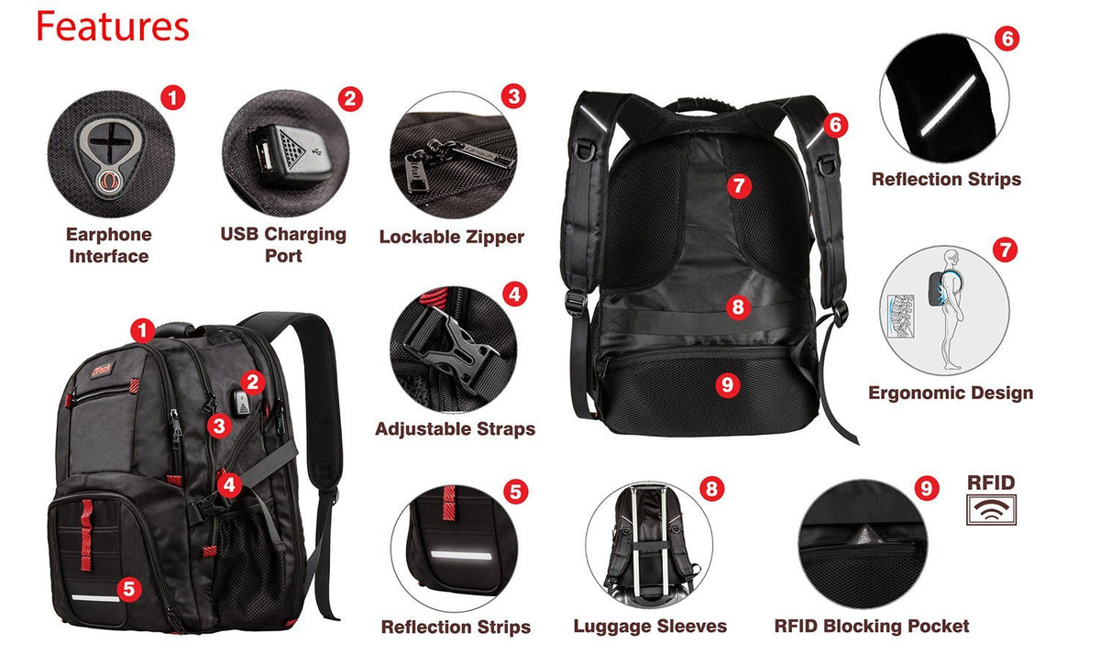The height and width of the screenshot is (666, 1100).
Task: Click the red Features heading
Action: pos(112,28)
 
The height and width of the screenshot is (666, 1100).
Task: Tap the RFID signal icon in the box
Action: pos(991,509)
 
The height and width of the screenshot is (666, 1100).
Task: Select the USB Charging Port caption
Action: pos(283,244)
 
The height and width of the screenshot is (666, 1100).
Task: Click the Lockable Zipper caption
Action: pos(452,237)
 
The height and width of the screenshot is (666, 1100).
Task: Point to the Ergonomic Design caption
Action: pos(951,393)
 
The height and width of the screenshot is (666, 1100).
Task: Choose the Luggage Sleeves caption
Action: pos(650,627)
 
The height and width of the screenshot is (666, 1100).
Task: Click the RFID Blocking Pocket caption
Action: pos(872,627)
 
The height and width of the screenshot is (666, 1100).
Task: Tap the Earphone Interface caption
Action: pos(108,245)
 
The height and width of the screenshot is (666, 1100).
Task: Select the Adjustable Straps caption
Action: pos(455,428)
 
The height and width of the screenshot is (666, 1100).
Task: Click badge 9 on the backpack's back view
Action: pos(727,385)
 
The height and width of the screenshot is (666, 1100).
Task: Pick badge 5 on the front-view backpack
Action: pos(129,588)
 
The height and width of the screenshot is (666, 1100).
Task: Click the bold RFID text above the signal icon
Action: pos(991,483)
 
